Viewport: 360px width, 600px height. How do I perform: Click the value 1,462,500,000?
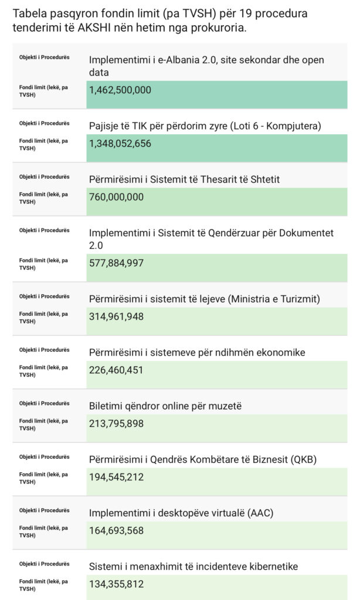click(120, 90)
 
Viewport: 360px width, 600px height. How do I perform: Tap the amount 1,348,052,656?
click(120, 144)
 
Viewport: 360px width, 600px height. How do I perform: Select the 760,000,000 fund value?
click(116, 197)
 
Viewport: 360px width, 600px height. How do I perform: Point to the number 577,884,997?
click(116, 263)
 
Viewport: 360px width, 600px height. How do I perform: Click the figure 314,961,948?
click(116, 316)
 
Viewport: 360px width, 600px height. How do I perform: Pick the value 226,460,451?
click(116, 370)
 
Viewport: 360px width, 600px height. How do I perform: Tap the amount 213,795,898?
click(116, 423)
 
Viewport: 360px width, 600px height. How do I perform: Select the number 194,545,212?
click(116, 477)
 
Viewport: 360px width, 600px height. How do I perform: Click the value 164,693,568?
click(116, 530)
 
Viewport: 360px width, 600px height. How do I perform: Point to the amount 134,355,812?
click(116, 584)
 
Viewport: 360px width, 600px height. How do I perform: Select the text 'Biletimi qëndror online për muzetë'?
click(165, 406)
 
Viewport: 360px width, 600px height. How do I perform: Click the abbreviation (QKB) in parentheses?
click(304, 459)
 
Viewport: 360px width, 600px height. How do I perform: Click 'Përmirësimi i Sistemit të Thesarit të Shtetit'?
click(184, 179)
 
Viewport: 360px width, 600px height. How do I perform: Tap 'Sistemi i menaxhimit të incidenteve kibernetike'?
click(193, 567)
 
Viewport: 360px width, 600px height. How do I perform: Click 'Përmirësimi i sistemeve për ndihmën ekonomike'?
click(197, 352)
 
